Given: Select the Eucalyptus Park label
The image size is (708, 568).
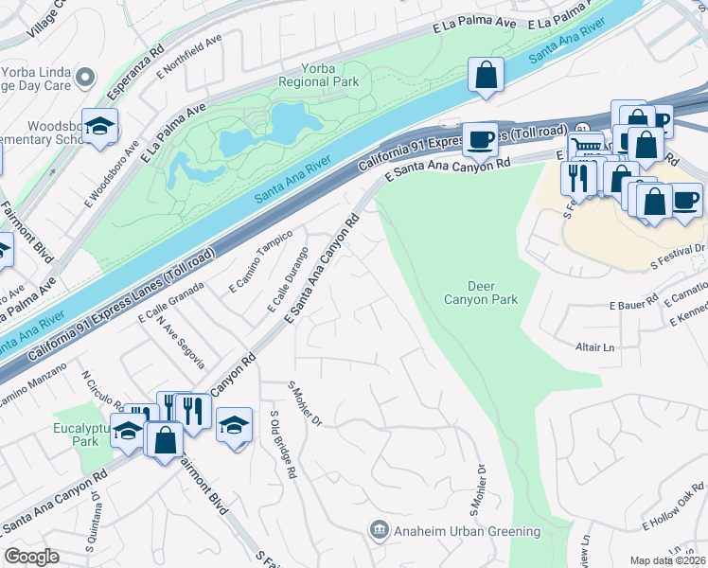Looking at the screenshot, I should [77, 435].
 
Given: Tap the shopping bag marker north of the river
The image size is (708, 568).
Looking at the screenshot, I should [486, 76].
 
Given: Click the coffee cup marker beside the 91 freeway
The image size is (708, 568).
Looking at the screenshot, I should [481, 138].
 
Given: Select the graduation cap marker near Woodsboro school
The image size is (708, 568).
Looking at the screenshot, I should [97, 128].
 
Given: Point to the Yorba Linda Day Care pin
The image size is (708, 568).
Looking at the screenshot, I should [86, 76].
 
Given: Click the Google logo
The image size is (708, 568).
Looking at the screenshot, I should [31, 557].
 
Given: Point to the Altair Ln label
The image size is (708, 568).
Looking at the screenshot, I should [595, 347].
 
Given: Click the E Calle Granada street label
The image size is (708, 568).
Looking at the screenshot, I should [171, 302].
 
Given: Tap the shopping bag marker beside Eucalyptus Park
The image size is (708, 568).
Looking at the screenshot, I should [165, 441].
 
